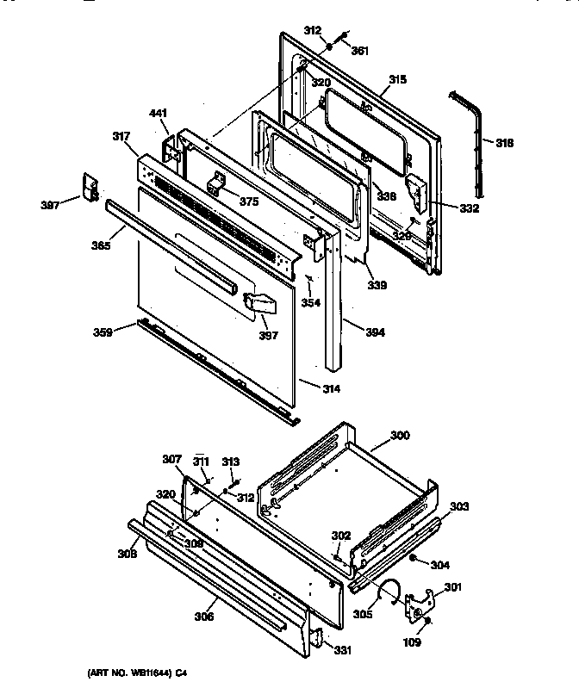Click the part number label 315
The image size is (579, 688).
(x=396, y=79)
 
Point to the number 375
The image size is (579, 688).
(x=248, y=201)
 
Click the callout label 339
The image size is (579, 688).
(x=377, y=285)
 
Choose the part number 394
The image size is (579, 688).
(x=352, y=332)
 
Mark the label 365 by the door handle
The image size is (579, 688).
(x=100, y=245)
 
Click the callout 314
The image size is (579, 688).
(x=331, y=389)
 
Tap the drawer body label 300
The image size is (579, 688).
(x=401, y=436)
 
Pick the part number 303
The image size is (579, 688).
(x=459, y=506)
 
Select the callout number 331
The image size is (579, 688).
(x=343, y=650)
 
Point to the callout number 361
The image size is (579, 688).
(x=359, y=51)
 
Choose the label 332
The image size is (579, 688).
(x=469, y=208)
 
